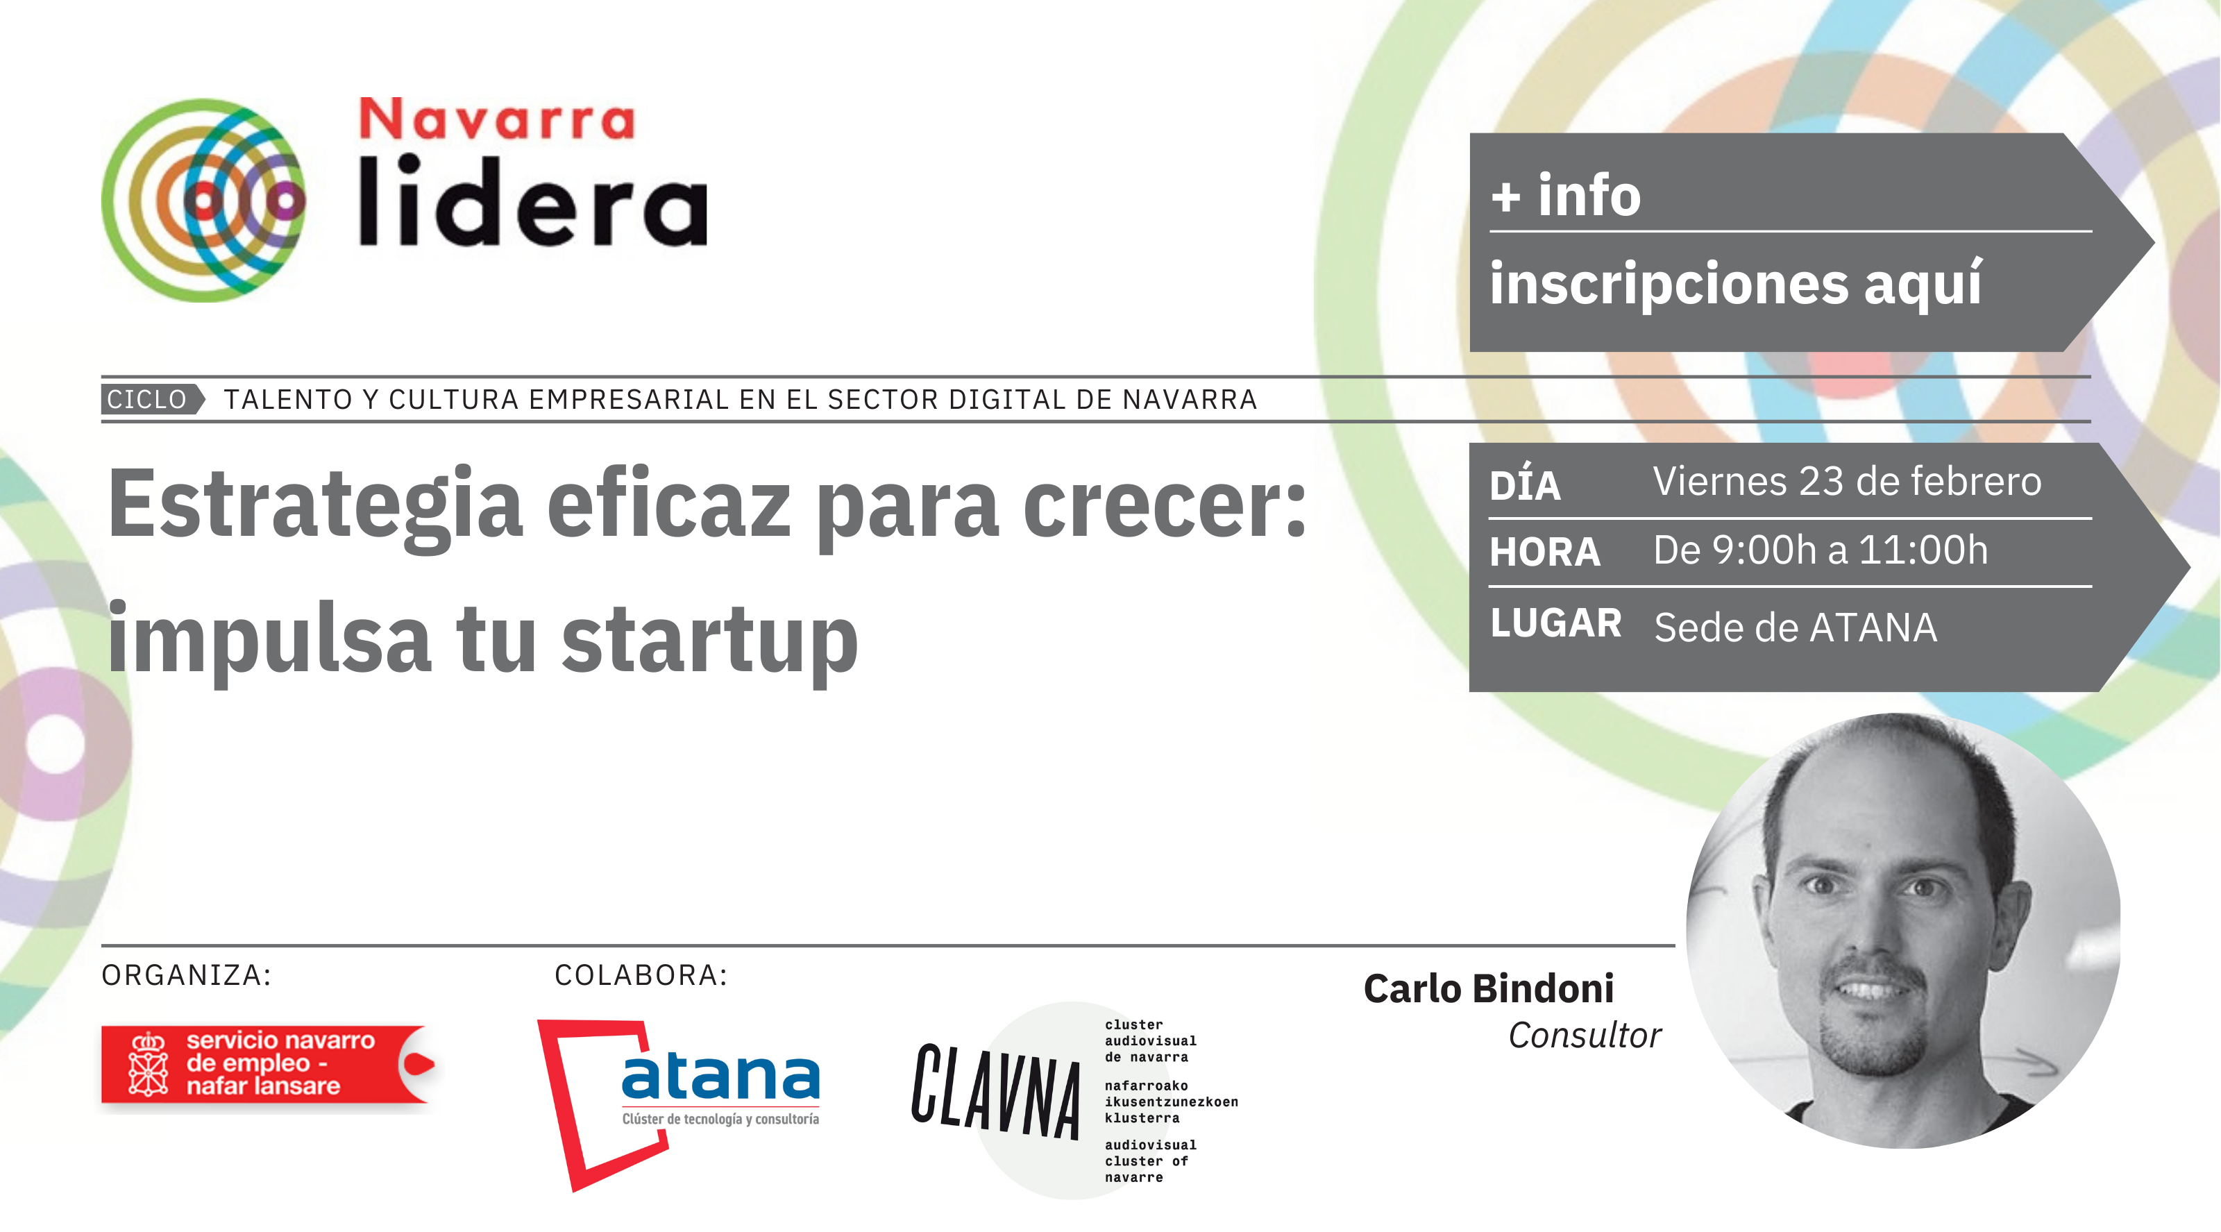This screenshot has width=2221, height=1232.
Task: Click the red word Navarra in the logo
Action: (x=497, y=119)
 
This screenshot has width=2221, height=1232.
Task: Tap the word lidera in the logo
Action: (x=533, y=201)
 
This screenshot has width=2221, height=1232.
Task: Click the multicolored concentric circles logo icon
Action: (x=203, y=200)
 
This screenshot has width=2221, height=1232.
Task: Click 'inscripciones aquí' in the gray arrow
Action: (x=1737, y=284)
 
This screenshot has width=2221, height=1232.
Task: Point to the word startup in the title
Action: (x=709, y=641)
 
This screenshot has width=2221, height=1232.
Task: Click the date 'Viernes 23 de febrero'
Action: (x=1847, y=481)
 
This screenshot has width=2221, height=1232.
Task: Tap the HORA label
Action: (x=1545, y=552)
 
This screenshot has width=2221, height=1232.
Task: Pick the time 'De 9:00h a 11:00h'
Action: (x=1820, y=550)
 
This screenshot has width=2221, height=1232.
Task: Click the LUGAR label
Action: (x=1556, y=623)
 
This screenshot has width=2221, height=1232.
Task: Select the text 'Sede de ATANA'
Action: (x=1795, y=627)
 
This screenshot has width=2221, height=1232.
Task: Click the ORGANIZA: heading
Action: (x=186, y=975)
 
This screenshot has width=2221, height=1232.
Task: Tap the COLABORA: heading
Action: (x=641, y=975)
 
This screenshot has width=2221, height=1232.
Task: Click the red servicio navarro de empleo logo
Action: (x=268, y=1065)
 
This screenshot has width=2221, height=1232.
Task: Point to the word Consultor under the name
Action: (x=1585, y=1036)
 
